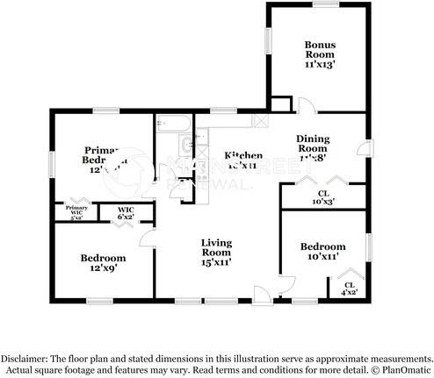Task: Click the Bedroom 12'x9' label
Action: coord(103,263)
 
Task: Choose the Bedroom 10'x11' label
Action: coord(322,253)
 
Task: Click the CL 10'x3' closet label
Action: coord(322,197)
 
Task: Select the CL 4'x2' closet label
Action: coord(350,288)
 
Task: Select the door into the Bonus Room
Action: coord(302,105)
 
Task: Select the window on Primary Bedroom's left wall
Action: coord(50,162)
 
